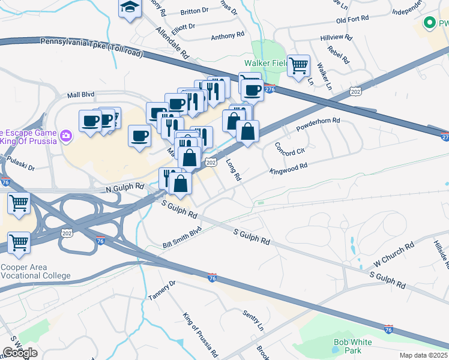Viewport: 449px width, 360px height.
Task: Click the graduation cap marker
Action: (x=130, y=8)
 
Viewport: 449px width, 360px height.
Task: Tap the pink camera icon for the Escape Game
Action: (x=65, y=137)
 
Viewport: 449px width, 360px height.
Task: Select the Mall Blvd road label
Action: (x=81, y=95)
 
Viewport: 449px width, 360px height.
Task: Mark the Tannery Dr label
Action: (x=162, y=290)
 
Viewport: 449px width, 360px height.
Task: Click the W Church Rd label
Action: (x=394, y=254)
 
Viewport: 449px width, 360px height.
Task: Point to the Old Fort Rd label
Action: (x=352, y=20)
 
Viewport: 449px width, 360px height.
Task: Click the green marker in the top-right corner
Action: (x=430, y=23)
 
